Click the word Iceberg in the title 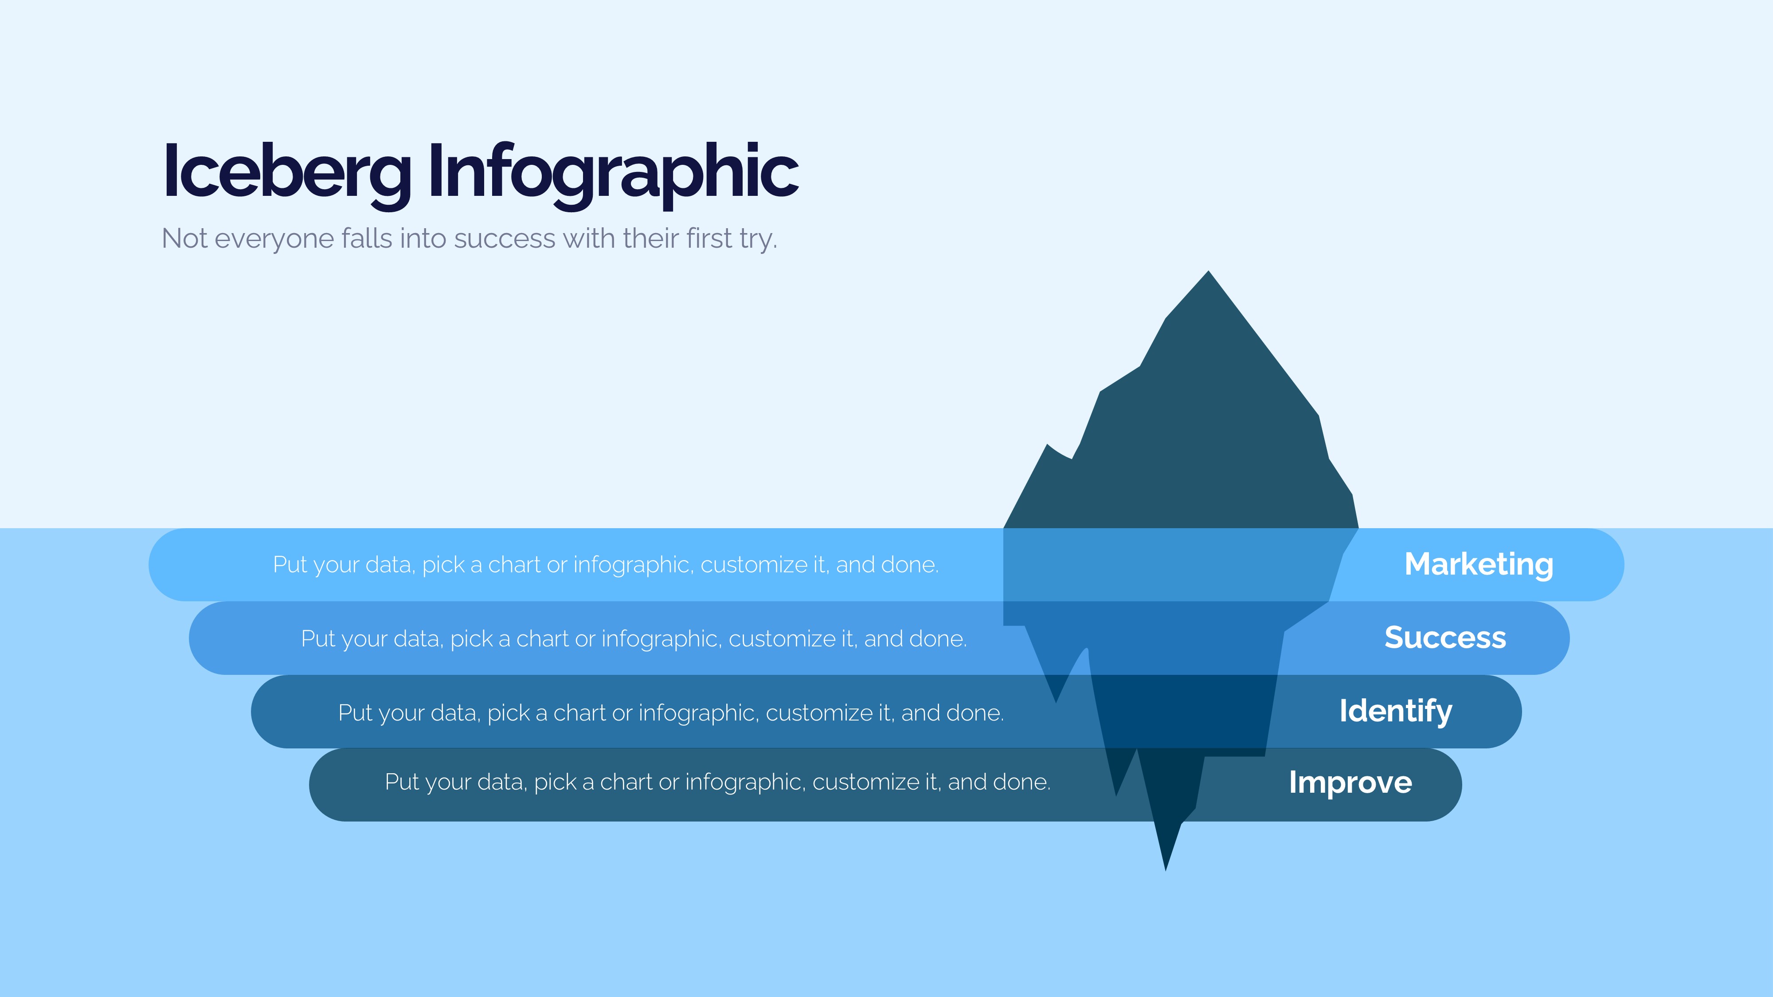(287, 172)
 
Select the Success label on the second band (1445, 637)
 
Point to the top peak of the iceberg (1208, 271)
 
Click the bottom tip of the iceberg (1165, 870)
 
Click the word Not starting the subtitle (184, 239)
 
